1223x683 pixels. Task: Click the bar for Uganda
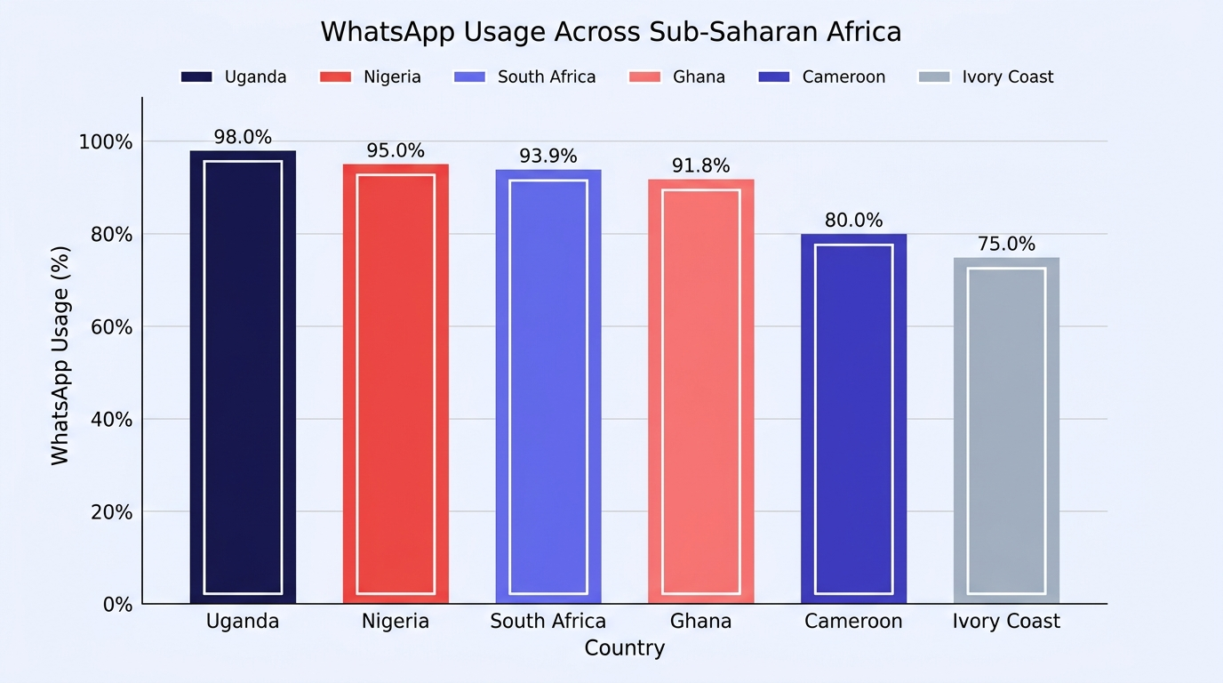point(243,377)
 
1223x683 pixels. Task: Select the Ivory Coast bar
point(1006,430)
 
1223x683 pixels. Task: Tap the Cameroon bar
point(853,419)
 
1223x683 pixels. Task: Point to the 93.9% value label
point(548,157)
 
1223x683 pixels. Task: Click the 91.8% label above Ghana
point(700,165)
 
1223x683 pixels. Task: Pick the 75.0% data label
point(1006,244)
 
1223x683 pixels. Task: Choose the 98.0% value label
point(243,137)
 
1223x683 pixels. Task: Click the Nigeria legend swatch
point(335,77)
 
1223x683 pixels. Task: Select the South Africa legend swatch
point(469,77)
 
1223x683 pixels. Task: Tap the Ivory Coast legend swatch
point(934,77)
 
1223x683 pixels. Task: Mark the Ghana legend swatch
point(644,77)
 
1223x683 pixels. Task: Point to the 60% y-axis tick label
point(111,327)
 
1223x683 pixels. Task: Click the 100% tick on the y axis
point(106,142)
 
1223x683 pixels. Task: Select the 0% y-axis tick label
point(117,605)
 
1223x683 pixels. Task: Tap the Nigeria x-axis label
point(396,622)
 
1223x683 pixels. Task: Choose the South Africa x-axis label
point(548,622)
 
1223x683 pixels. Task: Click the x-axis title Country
point(625,648)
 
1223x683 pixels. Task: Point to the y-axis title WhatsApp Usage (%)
point(60,356)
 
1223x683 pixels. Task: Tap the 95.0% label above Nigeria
point(396,151)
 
